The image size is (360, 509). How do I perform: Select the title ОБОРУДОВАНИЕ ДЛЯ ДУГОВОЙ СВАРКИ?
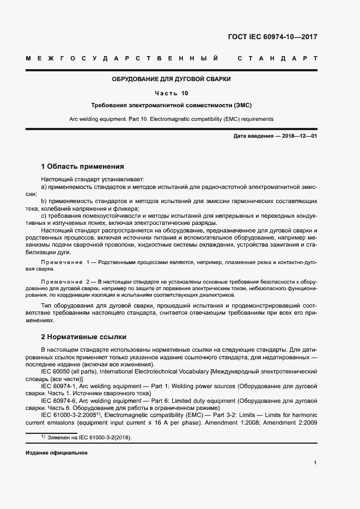tap(171, 79)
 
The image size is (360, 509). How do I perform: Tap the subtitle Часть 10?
tap(171, 93)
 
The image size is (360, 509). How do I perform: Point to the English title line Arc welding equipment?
tap(171, 119)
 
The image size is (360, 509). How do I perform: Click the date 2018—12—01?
tap(298, 136)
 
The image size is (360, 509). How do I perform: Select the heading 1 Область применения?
tap(83, 167)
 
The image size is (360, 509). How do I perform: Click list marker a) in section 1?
tap(44, 187)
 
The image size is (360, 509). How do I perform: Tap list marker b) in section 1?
tap(44, 201)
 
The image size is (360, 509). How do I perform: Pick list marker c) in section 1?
tap(44, 216)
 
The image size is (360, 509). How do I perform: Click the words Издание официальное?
tap(57, 453)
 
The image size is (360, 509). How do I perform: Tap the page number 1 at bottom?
tap(315, 463)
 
